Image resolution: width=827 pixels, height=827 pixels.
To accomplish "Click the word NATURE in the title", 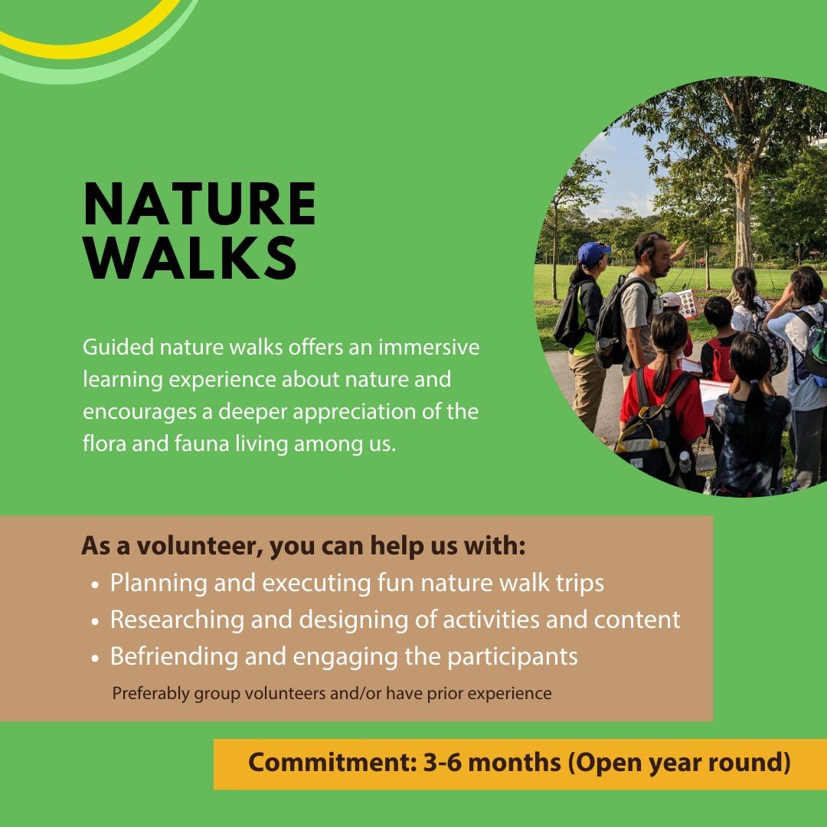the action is point(199,204).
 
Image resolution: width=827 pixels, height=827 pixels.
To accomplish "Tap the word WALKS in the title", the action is point(190,258).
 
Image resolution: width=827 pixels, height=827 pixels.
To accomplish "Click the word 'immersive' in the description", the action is point(429,348).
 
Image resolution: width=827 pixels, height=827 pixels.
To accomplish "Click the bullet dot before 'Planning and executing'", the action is point(95,585).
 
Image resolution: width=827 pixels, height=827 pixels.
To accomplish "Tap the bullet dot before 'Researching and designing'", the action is point(95,622).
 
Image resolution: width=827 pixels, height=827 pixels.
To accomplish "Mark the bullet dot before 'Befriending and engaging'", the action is point(95,659).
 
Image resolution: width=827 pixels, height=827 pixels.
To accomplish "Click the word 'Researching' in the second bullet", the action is point(177,620).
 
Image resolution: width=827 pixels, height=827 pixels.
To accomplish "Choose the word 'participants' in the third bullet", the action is point(512,657).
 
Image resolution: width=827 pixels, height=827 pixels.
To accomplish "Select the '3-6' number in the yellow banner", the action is point(443,763).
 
